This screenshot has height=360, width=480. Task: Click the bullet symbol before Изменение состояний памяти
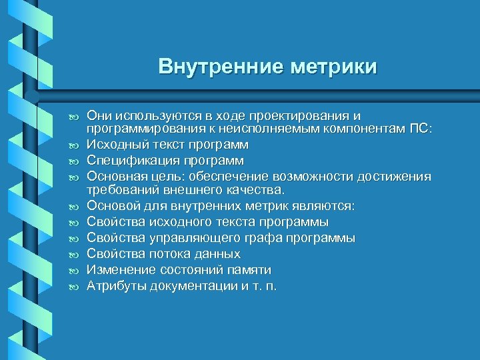[x=73, y=271]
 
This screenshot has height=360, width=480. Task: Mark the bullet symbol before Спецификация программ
[x=73, y=161]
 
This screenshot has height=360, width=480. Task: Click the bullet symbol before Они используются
[x=73, y=116]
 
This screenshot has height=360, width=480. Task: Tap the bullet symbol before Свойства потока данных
[x=73, y=255]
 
